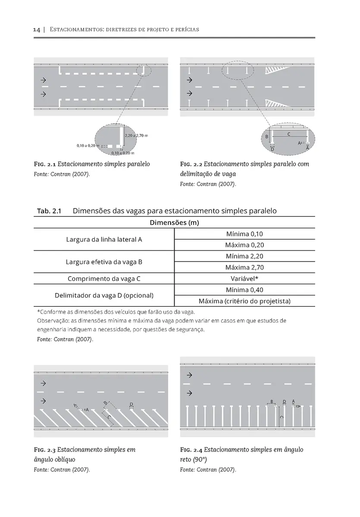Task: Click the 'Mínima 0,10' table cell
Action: tap(244, 234)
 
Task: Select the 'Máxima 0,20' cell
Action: tap(244, 245)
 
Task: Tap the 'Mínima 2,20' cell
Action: tap(244, 256)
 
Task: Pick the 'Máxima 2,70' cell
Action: tap(244, 268)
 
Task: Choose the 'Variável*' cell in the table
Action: tap(244, 279)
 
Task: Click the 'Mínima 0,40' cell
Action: tap(244, 290)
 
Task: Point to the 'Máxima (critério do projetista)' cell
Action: tap(244, 301)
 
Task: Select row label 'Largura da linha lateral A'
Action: tap(104, 240)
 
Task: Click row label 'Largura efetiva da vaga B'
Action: tap(104, 262)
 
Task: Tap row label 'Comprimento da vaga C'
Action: tap(104, 279)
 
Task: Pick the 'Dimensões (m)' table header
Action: tap(174, 223)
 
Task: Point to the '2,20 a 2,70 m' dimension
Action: tap(136, 136)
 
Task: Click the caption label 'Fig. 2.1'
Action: tap(45, 164)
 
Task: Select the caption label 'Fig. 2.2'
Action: tap(191, 164)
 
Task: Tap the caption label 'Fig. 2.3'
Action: tap(45, 450)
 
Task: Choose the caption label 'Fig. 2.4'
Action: tap(191, 450)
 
